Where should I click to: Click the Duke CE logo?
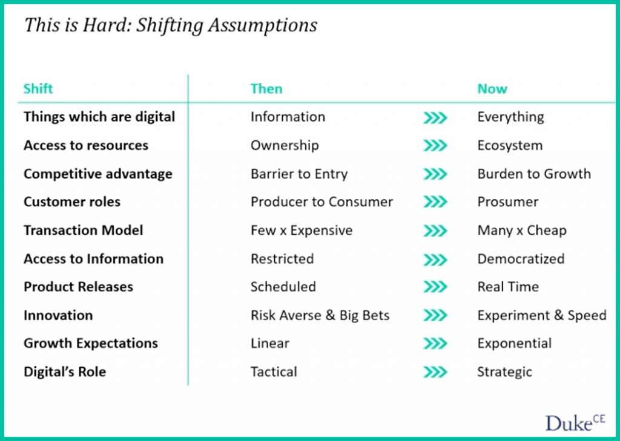click(x=575, y=423)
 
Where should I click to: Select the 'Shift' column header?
click(x=38, y=88)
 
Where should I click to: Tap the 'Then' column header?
click(x=266, y=88)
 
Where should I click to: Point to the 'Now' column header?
click(x=492, y=88)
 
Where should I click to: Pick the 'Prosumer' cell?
click(x=508, y=202)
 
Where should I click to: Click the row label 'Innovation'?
click(x=58, y=315)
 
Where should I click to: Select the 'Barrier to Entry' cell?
click(x=299, y=174)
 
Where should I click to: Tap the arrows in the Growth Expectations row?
click(x=435, y=344)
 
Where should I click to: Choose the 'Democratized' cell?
click(x=521, y=259)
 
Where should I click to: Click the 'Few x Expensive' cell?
click(x=302, y=230)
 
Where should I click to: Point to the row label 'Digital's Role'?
click(x=65, y=372)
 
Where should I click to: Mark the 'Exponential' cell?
click(x=515, y=344)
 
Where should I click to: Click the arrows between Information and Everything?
click(x=435, y=117)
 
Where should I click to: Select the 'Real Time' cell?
click(x=508, y=287)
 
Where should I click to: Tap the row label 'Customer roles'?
click(x=72, y=202)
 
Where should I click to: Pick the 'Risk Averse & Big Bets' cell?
click(x=320, y=315)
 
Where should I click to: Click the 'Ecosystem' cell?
click(x=510, y=145)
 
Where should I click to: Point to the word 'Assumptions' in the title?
click(x=263, y=25)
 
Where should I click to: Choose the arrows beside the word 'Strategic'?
click(x=435, y=372)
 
